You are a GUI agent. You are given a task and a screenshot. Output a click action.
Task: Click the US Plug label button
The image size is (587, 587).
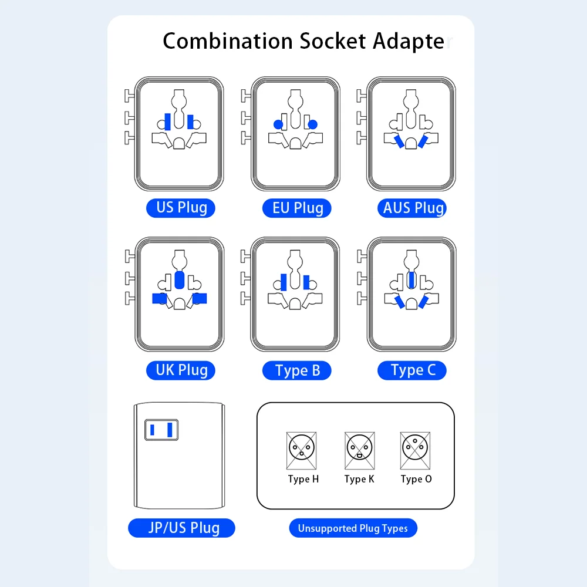pos(181,208)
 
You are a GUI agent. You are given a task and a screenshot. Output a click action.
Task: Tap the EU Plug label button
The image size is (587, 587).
pos(298,208)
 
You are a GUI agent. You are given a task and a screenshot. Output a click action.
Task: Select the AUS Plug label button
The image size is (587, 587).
pos(413,208)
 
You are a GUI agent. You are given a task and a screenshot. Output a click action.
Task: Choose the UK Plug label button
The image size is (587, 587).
pos(181,370)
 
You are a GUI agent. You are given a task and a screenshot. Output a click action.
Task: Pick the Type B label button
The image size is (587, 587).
pos(298,370)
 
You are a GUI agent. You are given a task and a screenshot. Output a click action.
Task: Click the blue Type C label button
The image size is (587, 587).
pos(413,370)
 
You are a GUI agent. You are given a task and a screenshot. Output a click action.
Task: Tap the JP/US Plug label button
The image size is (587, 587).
pos(182,527)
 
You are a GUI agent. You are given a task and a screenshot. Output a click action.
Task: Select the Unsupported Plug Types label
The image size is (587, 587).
pos(353,528)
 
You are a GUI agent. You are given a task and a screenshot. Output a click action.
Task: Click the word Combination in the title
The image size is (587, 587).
pos(228,42)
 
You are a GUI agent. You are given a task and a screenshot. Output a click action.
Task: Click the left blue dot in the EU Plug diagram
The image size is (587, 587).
pos(278,124)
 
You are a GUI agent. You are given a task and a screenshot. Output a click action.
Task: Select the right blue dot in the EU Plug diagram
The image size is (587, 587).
pos(312,124)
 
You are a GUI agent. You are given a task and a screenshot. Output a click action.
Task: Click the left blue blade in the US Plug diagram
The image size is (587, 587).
pos(168,122)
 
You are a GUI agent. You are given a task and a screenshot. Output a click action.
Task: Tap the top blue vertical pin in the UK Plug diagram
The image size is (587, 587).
pos(179,281)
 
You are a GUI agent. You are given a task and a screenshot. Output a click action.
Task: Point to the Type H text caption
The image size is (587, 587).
pos(303,479)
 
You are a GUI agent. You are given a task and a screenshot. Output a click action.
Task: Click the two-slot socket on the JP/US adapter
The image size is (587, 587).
pos(161,430)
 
